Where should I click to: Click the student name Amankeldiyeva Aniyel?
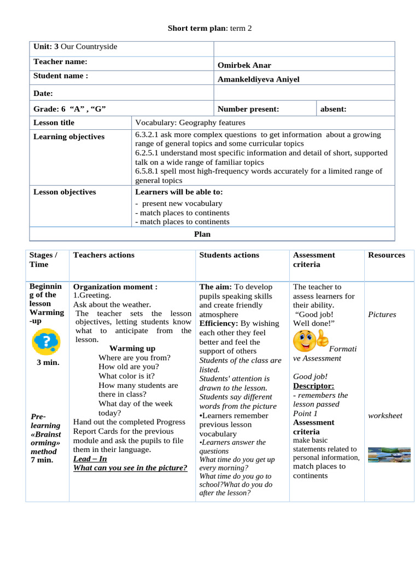click(x=259, y=79)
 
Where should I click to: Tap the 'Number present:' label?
click(x=248, y=109)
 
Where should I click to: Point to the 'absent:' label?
click(x=333, y=109)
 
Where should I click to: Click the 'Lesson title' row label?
click(x=54, y=123)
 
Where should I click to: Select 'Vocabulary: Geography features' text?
click(x=190, y=123)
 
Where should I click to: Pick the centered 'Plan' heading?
click(x=202, y=234)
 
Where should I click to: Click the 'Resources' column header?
click(x=387, y=255)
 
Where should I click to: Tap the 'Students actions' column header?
click(x=229, y=255)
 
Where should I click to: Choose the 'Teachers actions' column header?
click(x=104, y=255)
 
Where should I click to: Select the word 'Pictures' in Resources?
click(x=382, y=314)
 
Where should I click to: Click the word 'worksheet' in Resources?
click(x=385, y=415)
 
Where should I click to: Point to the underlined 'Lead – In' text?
click(x=90, y=459)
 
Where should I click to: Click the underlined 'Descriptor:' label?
click(x=314, y=386)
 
